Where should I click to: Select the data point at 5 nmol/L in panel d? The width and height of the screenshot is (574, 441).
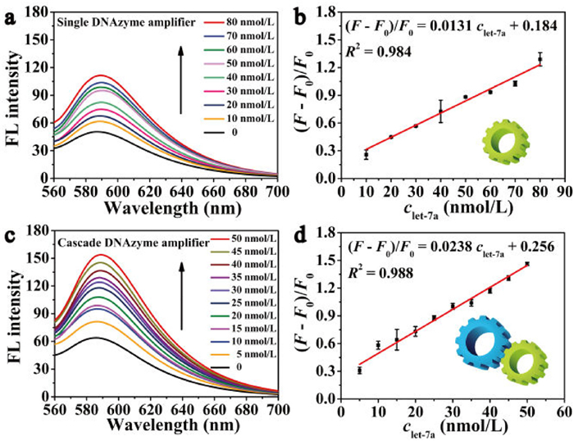[x=359, y=371]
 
